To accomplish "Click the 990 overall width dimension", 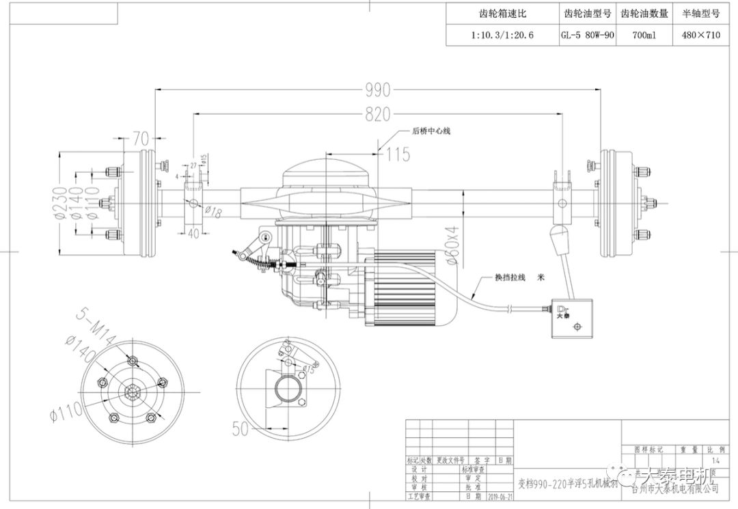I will click(x=377, y=90).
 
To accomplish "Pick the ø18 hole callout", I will click(x=213, y=214).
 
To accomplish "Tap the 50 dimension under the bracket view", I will click(x=241, y=429).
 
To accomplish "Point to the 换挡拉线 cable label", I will click(x=511, y=278).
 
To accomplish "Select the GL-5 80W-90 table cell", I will click(x=586, y=35).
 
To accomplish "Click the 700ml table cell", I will click(x=644, y=35).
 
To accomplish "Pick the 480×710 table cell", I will click(x=700, y=35).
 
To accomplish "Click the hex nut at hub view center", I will click(x=133, y=392).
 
